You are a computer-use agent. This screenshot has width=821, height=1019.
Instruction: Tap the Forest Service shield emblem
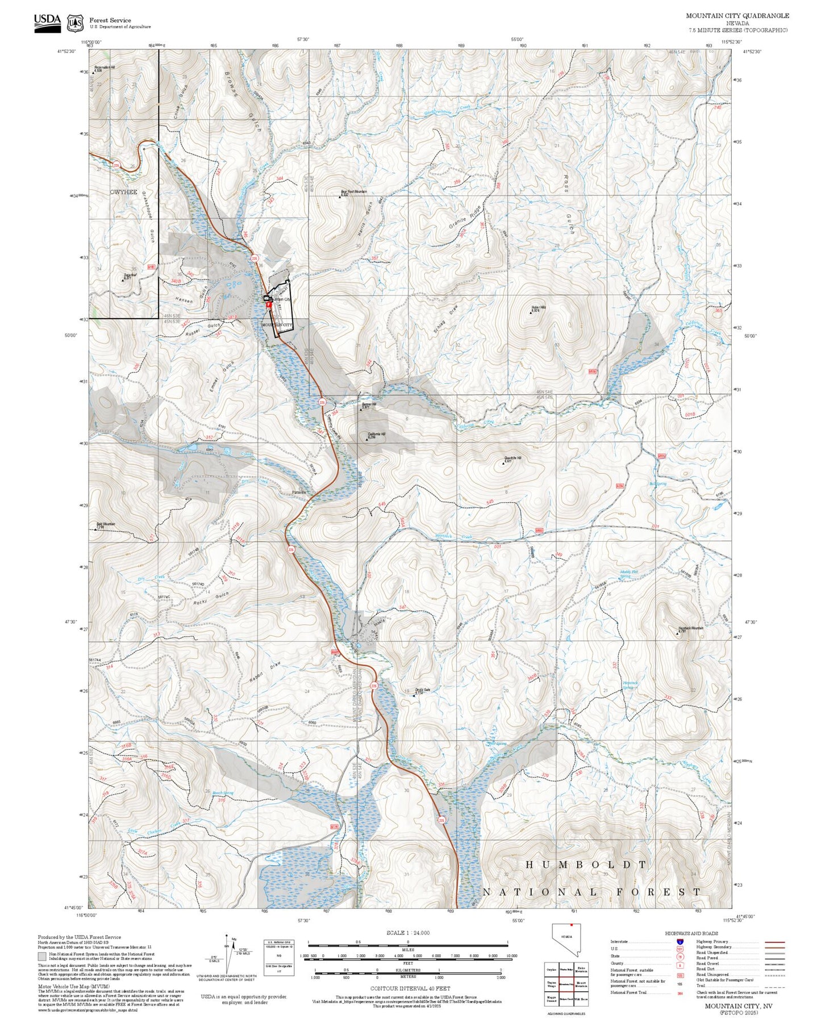(75, 23)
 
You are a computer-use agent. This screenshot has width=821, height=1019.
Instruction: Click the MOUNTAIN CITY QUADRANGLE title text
(737, 16)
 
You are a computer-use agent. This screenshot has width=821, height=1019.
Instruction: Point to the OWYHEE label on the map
(123, 192)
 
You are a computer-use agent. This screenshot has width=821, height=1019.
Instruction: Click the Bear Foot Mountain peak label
(353, 192)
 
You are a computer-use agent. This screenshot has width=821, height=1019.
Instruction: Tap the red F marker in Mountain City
(268, 304)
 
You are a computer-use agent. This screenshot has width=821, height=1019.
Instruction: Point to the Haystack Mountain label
(690, 628)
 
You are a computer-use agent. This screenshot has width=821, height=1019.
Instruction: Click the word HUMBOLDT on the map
(585, 865)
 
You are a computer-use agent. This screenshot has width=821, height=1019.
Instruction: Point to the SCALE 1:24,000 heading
(407, 933)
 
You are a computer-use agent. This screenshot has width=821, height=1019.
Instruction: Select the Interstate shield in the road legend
(680, 942)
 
